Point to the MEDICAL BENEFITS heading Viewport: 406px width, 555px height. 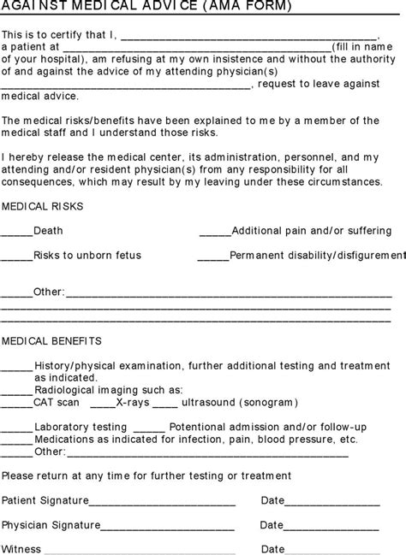(x=51, y=339)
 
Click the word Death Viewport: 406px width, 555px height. (x=48, y=231)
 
